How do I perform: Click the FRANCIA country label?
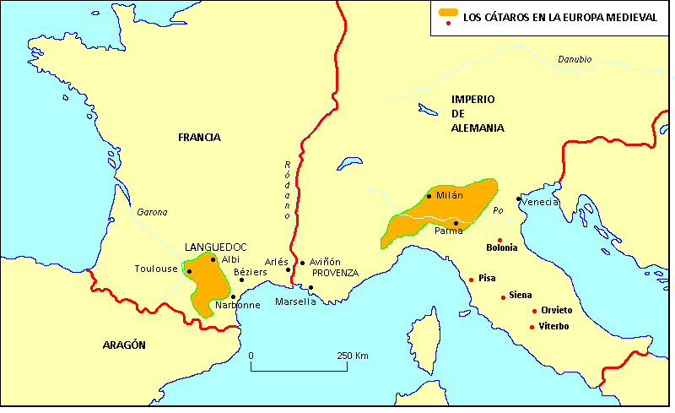click(199, 137)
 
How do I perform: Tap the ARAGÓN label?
click(124, 345)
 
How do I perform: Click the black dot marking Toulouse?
click(189, 271)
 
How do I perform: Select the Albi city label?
click(230, 259)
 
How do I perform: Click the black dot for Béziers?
click(242, 280)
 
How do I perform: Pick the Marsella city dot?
click(310, 288)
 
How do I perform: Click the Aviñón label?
click(325, 262)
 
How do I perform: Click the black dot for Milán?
click(429, 196)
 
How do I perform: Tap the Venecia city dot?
click(519, 199)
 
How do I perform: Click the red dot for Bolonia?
click(499, 240)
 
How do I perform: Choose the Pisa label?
click(487, 277)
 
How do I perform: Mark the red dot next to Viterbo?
click(532, 327)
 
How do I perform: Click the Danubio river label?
click(575, 59)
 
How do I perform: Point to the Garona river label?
click(153, 213)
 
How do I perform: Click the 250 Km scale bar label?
click(353, 356)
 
